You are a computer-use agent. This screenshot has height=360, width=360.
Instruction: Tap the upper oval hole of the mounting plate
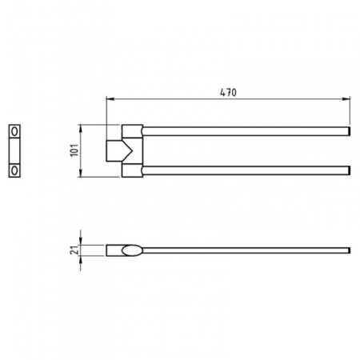[x=14, y=130]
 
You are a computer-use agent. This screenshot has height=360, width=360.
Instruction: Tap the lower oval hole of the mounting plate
[x=14, y=170]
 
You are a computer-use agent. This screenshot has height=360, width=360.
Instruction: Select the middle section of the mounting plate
[x=14, y=150]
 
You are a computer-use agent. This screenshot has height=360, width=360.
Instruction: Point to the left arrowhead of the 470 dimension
[x=110, y=100]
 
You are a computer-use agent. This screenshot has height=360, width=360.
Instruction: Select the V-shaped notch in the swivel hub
[x=122, y=150]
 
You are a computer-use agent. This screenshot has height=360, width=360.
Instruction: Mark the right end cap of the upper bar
[x=349, y=129]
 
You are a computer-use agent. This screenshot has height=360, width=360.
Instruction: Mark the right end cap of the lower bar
[x=349, y=170]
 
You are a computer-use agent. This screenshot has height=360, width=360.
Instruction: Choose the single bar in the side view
[x=240, y=250]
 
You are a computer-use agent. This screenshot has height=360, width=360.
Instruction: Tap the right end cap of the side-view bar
[x=349, y=250]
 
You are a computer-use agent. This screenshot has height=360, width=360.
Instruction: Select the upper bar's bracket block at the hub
[x=131, y=130]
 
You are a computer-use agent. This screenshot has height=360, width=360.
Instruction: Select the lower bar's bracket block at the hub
[x=131, y=170]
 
